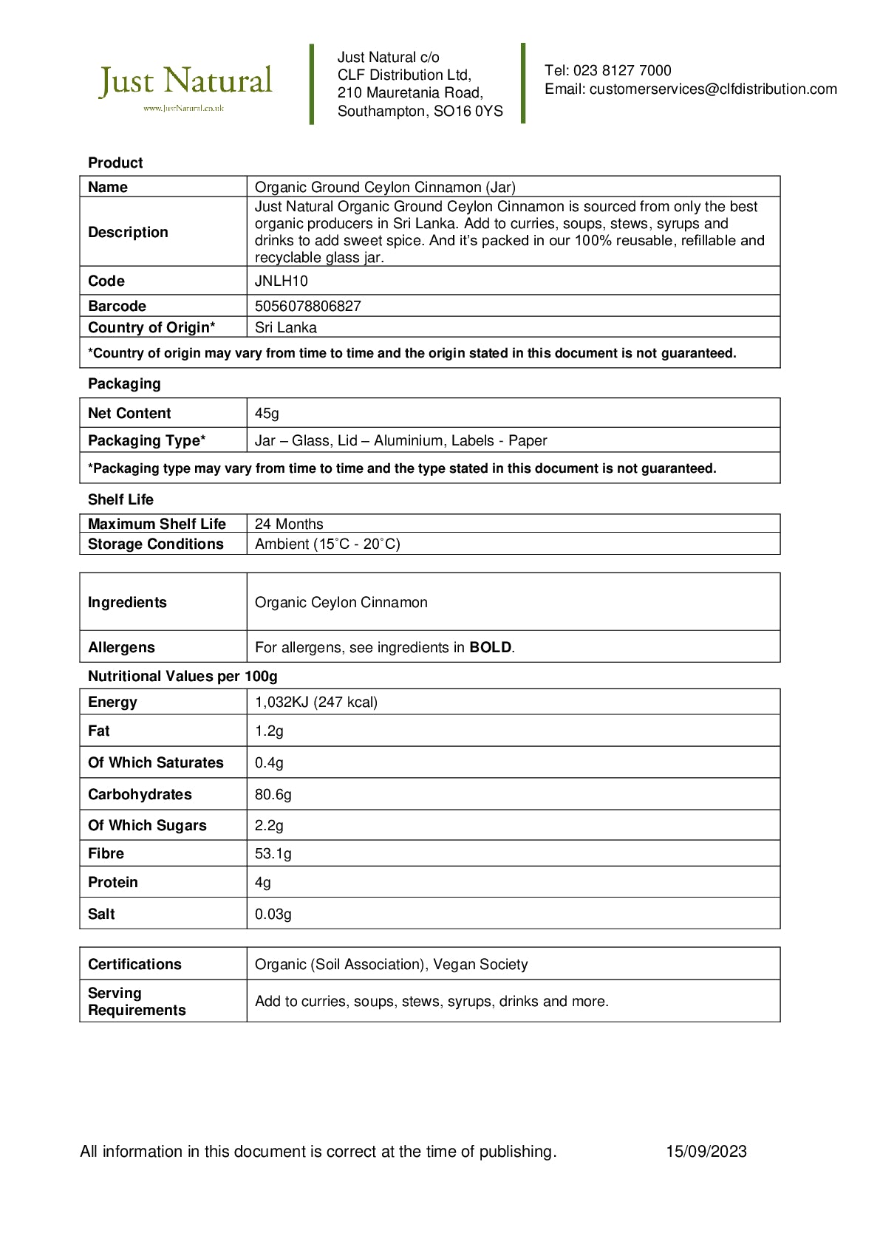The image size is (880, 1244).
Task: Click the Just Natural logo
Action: [x=185, y=81]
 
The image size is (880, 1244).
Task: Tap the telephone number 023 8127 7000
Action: [x=622, y=71]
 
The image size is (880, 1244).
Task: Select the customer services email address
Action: [x=713, y=89]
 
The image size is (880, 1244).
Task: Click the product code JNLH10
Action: [x=282, y=281]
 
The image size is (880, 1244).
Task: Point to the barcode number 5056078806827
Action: [x=308, y=307]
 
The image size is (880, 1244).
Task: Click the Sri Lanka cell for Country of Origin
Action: [x=286, y=328]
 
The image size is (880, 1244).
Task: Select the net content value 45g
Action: [x=267, y=414]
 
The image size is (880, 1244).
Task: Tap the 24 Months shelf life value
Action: [x=289, y=524]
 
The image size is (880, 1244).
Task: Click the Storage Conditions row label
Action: [x=156, y=544]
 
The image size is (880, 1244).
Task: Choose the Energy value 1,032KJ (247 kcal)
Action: [x=316, y=703]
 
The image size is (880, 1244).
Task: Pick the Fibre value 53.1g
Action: [x=273, y=854]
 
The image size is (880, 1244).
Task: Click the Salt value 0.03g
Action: [x=273, y=915]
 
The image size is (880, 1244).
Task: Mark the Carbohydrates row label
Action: [x=140, y=795]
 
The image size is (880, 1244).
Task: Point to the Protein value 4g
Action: [x=263, y=883]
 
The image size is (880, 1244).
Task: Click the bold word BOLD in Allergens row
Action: [x=491, y=648]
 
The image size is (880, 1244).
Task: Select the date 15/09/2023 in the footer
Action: [x=706, y=1152]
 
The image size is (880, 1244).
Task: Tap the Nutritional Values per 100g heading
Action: [x=183, y=677]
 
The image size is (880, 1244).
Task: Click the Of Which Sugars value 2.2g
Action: [x=269, y=826]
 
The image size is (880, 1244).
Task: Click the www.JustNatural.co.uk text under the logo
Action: [x=183, y=109]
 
